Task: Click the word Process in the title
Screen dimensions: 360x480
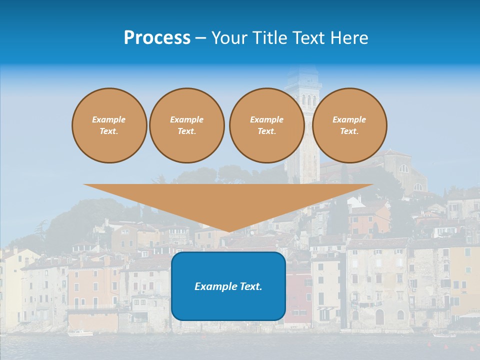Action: tap(157, 38)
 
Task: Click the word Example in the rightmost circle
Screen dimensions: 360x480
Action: tap(349, 119)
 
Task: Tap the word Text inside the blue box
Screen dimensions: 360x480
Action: tap(250, 286)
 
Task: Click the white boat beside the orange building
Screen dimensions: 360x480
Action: tap(80, 333)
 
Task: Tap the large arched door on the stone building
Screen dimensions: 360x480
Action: tap(379, 316)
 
